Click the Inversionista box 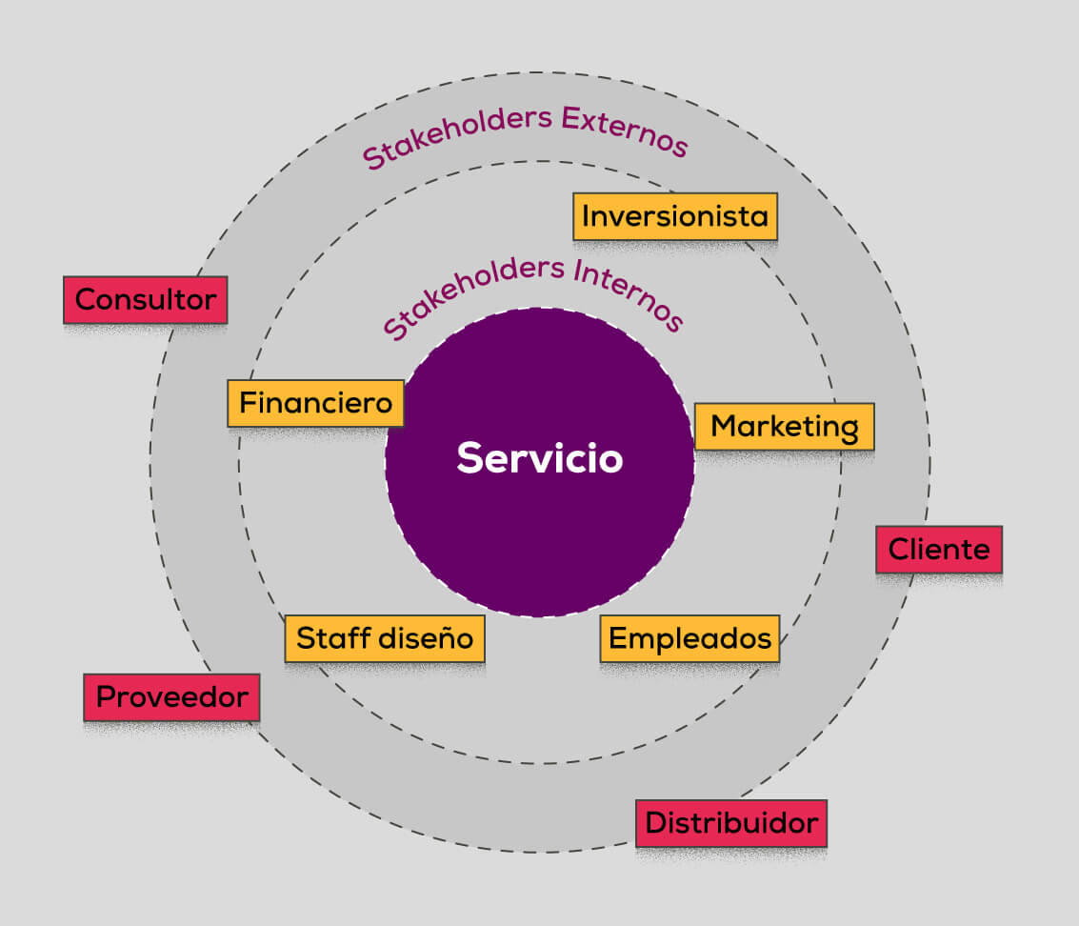coord(675,216)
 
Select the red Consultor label coord(146,300)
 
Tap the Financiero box coord(315,403)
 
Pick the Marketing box coord(784,427)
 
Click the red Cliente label coord(939,550)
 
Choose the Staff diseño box coord(385,637)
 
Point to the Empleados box coord(690,637)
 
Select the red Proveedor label coord(172,697)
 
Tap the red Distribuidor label coord(731,823)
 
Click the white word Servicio coord(540,458)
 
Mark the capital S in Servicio coord(468,458)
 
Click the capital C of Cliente coord(897,550)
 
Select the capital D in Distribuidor coord(656,823)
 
